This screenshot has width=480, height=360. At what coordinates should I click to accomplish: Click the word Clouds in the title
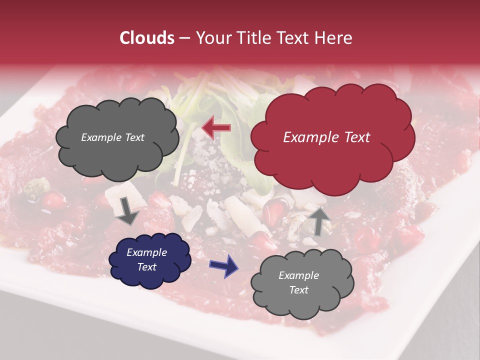(x=147, y=38)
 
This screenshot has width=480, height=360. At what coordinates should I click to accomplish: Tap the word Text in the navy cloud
(x=146, y=267)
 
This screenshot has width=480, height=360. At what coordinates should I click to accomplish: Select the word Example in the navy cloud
(x=146, y=252)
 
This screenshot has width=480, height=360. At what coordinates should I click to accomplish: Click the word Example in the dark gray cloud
(x=101, y=137)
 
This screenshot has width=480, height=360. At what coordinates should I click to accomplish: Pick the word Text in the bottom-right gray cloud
(x=298, y=290)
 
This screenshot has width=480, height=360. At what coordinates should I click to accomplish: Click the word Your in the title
(x=212, y=38)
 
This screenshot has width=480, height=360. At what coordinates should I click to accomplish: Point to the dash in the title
(x=184, y=38)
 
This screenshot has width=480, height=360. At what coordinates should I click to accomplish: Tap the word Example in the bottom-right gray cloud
(x=298, y=275)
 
